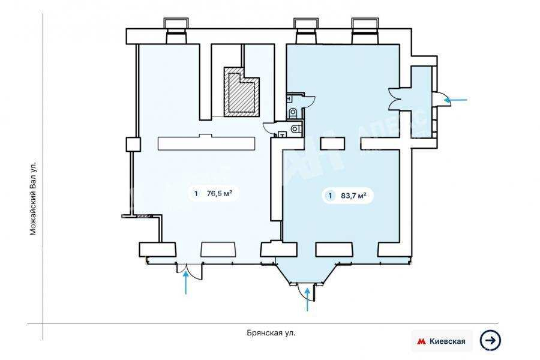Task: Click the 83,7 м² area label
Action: tap(353, 196)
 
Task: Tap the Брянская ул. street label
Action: tap(271, 333)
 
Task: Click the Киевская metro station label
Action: tap(448, 341)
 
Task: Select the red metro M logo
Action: tap(421, 341)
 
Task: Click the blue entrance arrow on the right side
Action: tap(455, 100)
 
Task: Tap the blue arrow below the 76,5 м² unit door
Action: tap(185, 283)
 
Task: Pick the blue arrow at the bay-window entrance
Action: tap(308, 299)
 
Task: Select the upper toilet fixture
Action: tap(293, 112)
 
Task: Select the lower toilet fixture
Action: tap(296, 129)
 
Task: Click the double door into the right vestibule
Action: tap(395, 99)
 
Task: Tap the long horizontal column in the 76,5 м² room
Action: tap(206, 143)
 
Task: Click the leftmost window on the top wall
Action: tap(176, 31)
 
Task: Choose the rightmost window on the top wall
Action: tap(365, 31)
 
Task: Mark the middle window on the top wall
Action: tap(306, 31)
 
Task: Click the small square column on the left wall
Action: tap(133, 145)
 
